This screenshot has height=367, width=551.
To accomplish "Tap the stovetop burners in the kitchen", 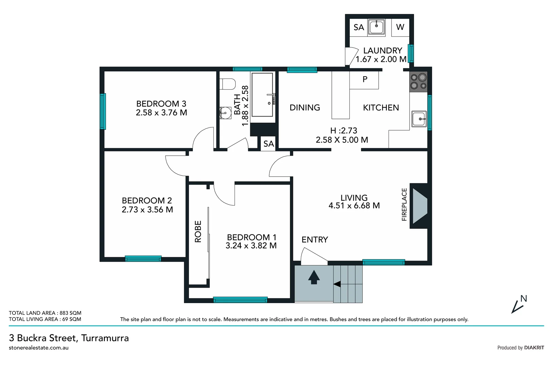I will coord(418,81).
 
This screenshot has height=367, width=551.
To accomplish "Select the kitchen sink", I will coord(419,119).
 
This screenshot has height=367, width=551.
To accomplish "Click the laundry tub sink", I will coord(376,27).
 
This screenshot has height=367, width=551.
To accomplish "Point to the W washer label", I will coord(400,27).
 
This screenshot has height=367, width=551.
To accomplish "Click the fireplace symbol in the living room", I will coord(419,206).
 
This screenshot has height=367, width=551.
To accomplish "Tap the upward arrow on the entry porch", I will coord(314,277).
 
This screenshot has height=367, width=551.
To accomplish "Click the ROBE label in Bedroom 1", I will coord(198,232).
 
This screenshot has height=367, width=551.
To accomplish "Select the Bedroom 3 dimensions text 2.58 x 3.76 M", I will coord(161,113).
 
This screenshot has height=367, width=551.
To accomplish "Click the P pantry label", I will coord(365,80).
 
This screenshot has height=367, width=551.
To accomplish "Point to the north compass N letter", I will coord(524,299).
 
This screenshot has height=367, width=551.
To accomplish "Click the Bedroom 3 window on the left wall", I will coord(103,111).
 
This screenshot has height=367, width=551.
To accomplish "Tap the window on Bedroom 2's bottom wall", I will coord(143,259).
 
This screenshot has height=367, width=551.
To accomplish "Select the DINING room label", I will coord(305,108).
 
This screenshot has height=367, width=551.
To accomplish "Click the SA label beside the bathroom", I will coord(269,144).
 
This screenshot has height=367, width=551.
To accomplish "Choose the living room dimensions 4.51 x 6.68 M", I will coord(354,206).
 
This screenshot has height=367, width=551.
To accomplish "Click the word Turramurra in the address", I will coord(105,338).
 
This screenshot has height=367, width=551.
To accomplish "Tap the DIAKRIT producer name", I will coord(534,348).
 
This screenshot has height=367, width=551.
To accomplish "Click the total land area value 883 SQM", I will coord(70,313).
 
